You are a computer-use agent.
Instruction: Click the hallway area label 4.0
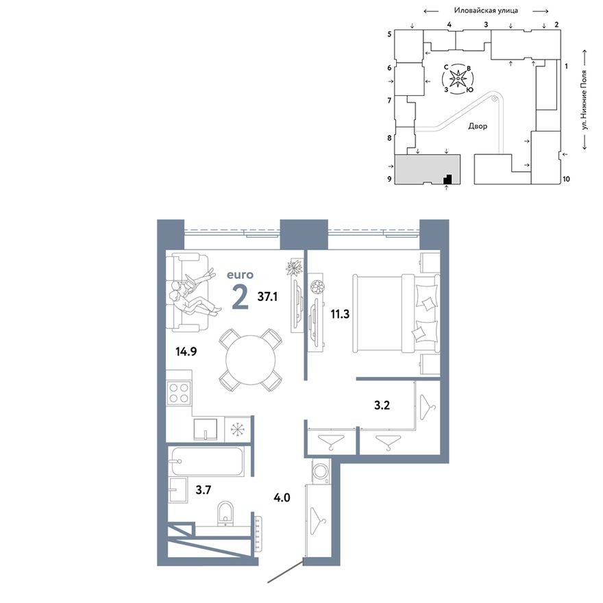(x=281, y=497)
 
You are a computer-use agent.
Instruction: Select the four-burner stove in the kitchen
(x=180, y=395)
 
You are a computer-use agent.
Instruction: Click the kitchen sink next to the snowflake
(x=206, y=429)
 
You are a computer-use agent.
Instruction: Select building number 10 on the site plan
(x=567, y=180)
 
